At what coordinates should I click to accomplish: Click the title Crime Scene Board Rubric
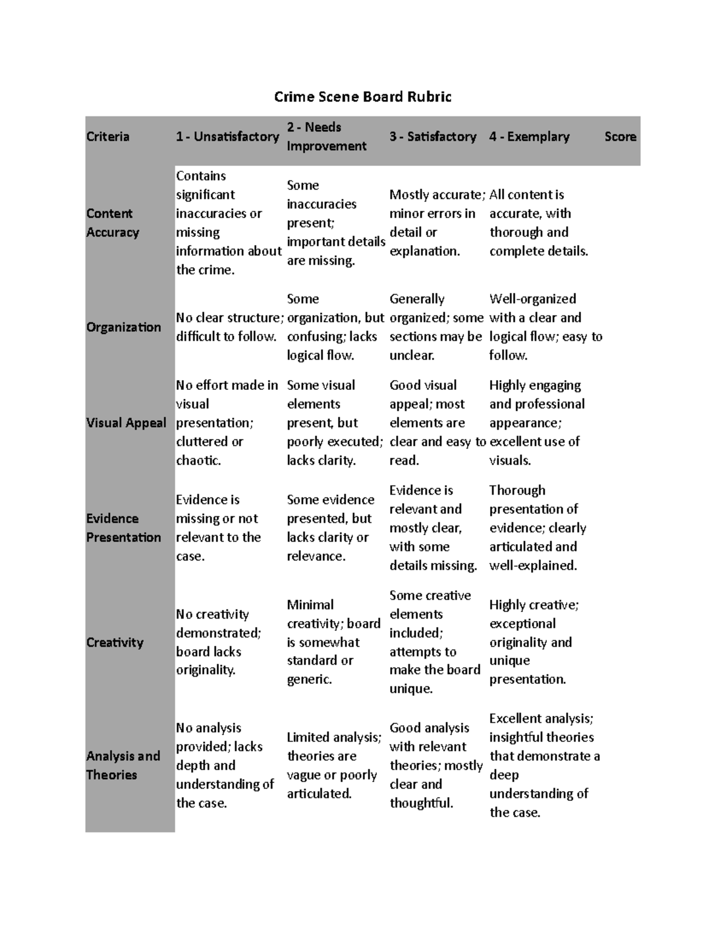pyautogui.click(x=362, y=97)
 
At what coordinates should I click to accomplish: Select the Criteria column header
pyautogui.click(x=108, y=137)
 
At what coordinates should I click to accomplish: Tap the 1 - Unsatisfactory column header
pyautogui.click(x=227, y=137)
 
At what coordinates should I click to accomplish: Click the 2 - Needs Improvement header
pyautogui.click(x=327, y=137)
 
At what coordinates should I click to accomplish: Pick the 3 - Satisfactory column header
pyautogui.click(x=433, y=137)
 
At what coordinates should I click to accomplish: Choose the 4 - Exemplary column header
pyautogui.click(x=529, y=137)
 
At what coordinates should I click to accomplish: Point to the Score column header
pyautogui.click(x=620, y=137)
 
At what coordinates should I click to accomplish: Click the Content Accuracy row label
pyautogui.click(x=113, y=223)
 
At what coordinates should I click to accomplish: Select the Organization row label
pyautogui.click(x=123, y=327)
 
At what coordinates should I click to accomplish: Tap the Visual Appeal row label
pyautogui.click(x=126, y=423)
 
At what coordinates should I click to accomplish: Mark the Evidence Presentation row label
pyautogui.click(x=123, y=528)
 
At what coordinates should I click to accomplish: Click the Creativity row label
pyautogui.click(x=115, y=642)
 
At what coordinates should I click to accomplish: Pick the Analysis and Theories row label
pyautogui.click(x=123, y=765)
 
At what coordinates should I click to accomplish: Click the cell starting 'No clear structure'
pyautogui.click(x=229, y=327)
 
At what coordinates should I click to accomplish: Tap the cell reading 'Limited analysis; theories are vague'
pyautogui.click(x=333, y=765)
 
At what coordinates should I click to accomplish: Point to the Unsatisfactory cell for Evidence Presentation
pyautogui.click(x=218, y=528)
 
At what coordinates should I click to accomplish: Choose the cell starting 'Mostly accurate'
pyautogui.click(x=436, y=223)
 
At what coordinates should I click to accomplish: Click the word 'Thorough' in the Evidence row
pyautogui.click(x=517, y=490)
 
